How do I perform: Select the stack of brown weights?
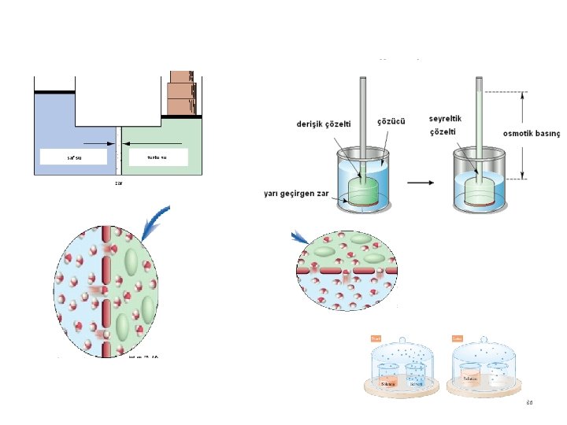[x=182, y=94]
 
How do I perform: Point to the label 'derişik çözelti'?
[x=323, y=124]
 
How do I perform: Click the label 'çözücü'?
[x=391, y=121]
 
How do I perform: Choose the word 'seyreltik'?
[x=445, y=119]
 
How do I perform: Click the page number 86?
[x=530, y=403]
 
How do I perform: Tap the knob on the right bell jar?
[x=484, y=345]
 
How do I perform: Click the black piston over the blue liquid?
[x=54, y=92]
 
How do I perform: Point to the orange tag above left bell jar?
[x=376, y=338]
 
